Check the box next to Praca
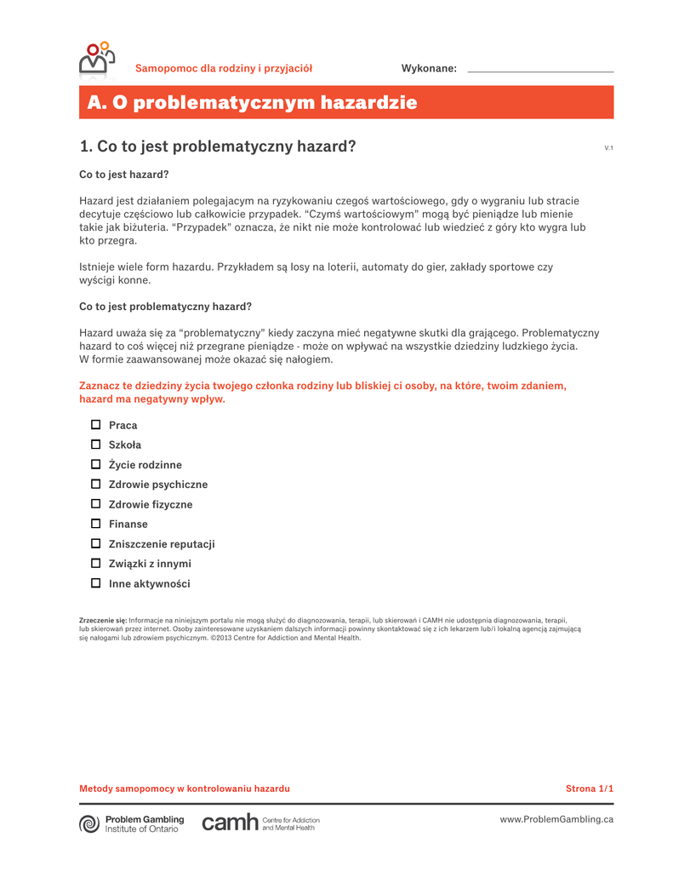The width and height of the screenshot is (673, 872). click(x=96, y=425)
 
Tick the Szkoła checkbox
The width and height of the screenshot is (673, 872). click(x=96, y=445)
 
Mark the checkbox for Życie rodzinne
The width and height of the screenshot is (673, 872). click(x=96, y=464)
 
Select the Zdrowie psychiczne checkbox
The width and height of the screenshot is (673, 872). click(x=96, y=484)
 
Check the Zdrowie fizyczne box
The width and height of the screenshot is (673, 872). click(x=96, y=504)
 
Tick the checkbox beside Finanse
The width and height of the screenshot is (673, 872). click(x=96, y=524)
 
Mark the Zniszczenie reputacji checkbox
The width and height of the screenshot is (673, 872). click(x=96, y=543)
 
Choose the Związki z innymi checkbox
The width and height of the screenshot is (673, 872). click(x=96, y=563)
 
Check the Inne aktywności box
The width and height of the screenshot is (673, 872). click(x=96, y=583)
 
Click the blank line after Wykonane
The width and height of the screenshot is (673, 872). click(x=540, y=70)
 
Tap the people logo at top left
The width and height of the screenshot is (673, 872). click(x=95, y=59)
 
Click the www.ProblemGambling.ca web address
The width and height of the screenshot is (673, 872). click(x=556, y=819)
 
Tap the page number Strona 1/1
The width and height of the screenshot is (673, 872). click(x=590, y=789)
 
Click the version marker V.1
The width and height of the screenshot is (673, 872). click(x=608, y=148)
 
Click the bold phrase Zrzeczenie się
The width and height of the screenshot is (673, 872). click(x=102, y=621)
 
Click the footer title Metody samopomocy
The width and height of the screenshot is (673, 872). click(x=184, y=789)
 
